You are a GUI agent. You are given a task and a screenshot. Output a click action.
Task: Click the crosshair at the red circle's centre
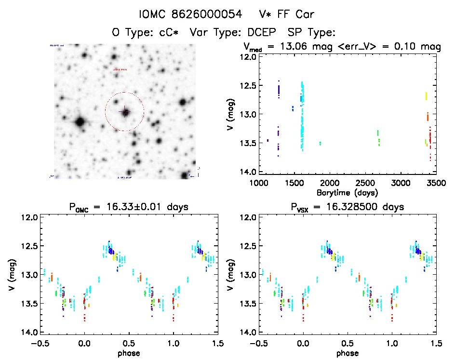pos(125,112)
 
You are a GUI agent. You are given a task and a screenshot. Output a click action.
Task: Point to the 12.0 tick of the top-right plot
pos(250,57)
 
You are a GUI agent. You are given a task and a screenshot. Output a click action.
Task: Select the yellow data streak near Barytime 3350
pos(426,95)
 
